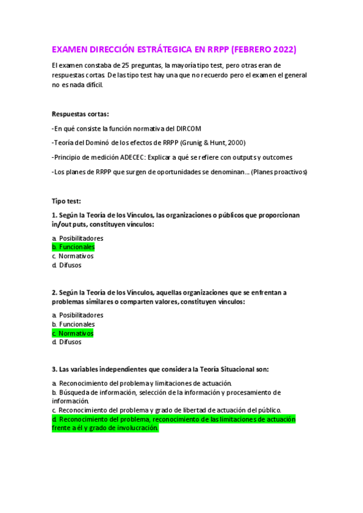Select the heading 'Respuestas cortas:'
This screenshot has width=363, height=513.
pos(80,114)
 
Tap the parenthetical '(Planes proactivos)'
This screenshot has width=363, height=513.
pos(279,172)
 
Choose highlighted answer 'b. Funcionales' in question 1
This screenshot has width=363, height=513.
pos(73,247)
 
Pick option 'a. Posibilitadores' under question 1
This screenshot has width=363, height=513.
pos(78,238)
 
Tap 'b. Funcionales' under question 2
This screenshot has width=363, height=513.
pos(73,324)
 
